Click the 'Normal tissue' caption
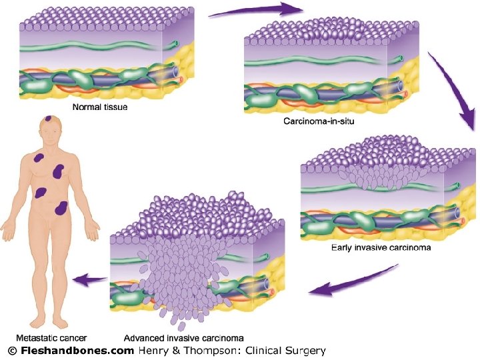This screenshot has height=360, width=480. coord(100,106)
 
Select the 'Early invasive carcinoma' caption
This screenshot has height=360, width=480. coord(381,247)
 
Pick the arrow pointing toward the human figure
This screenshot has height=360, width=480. coord(89,281)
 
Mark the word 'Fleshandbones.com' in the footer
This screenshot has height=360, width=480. coord(77,350)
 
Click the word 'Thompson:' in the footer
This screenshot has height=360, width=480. coord(213,350)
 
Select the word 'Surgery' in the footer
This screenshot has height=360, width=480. coord(306,350)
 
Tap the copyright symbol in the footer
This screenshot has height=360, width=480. coord(11,350)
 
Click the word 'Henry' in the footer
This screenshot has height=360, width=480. coord(154,350)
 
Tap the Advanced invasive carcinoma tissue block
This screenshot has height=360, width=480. coord(197,260)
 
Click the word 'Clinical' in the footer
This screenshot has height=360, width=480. coord(264,350)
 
